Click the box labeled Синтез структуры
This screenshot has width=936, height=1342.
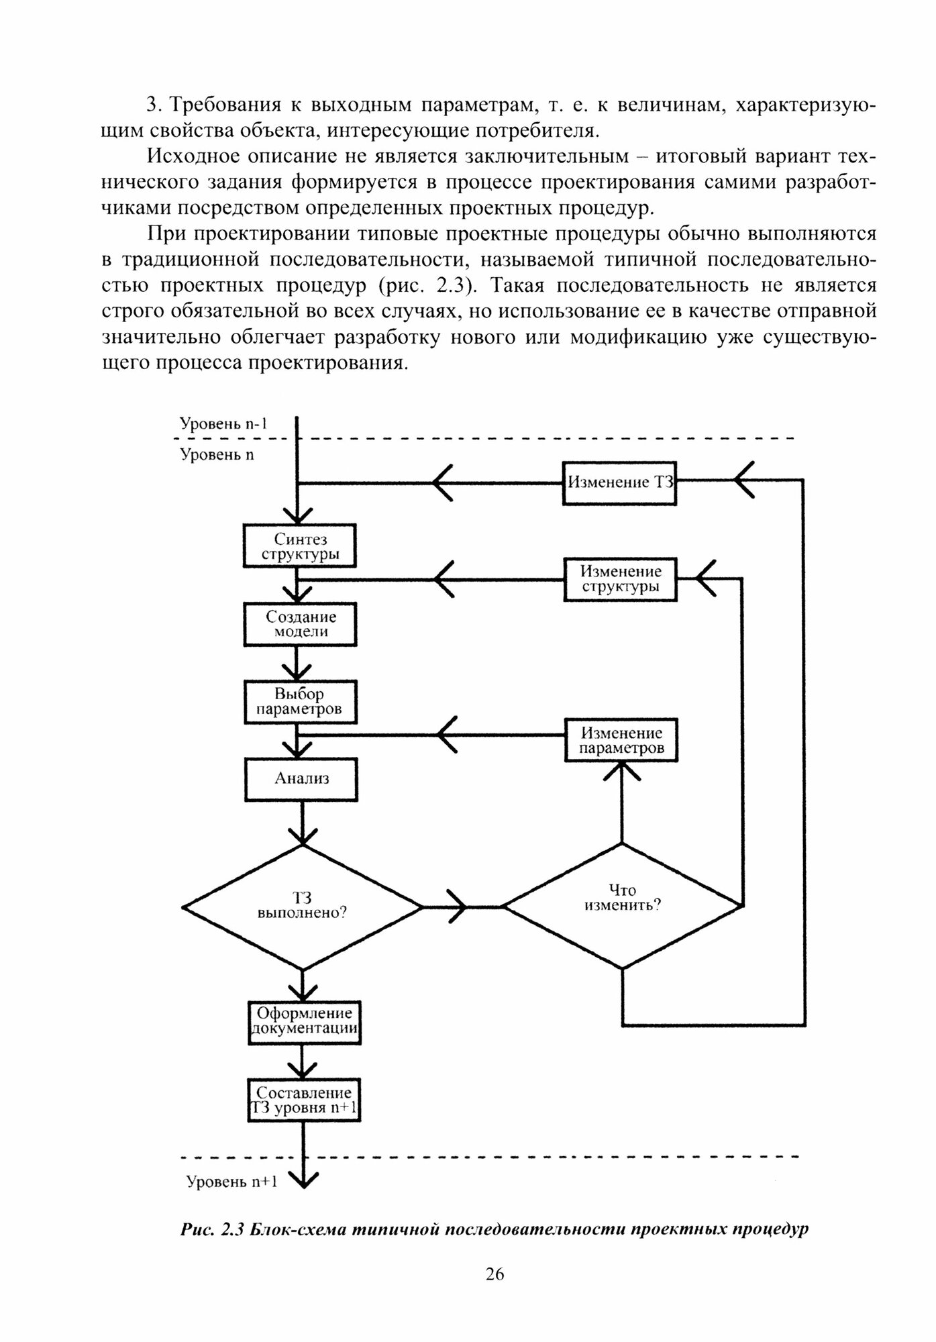[x=300, y=546]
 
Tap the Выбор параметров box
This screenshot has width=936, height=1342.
[x=300, y=702]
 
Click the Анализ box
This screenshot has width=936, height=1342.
[x=302, y=779]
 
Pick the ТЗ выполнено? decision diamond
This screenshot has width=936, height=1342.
[x=303, y=907]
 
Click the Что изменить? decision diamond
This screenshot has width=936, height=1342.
[x=622, y=905]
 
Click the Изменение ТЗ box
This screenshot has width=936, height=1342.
[x=619, y=482]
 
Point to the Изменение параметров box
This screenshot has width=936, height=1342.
[x=621, y=740]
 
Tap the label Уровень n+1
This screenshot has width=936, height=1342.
[x=231, y=1182]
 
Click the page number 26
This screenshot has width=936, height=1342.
[x=495, y=1274]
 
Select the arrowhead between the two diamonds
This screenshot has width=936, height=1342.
[x=456, y=907]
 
